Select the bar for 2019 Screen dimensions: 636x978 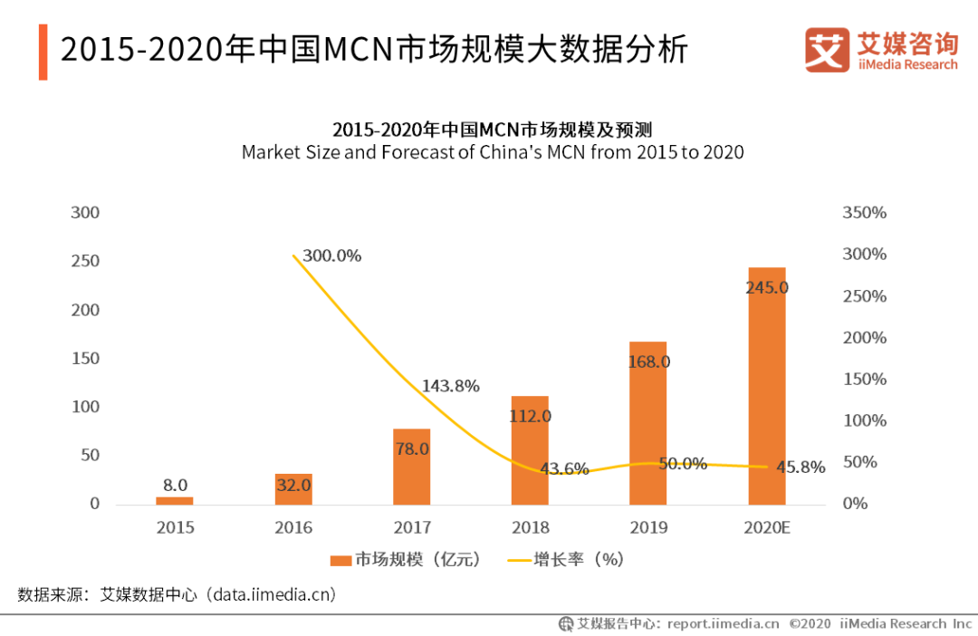click(647, 426)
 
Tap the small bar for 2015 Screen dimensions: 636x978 click(174, 500)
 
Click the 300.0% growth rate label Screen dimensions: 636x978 click(331, 256)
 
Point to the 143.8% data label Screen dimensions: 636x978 click(450, 386)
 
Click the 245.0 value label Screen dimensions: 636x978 click(766, 288)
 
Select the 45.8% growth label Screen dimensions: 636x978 click(801, 467)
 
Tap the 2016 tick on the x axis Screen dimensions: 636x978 click(292, 527)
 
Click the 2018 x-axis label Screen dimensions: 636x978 click(530, 527)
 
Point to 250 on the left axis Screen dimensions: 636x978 click(85, 262)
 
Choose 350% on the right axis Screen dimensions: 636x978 click(864, 213)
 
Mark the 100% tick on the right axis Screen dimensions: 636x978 click(864, 420)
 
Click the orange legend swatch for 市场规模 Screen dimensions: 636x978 click(340, 560)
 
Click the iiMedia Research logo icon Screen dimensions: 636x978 click(827, 51)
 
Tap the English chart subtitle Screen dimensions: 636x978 click(493, 152)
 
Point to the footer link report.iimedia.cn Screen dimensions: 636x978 click(723, 623)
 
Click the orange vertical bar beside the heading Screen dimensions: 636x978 click(43, 51)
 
